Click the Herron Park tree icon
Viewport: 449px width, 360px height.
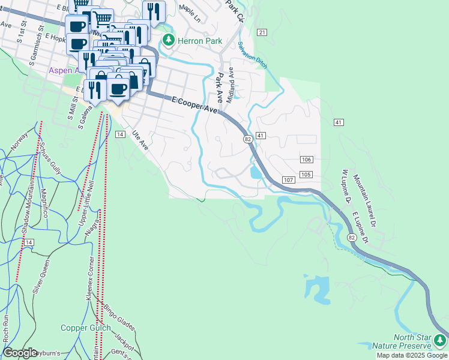pyautogui.click(x=169, y=41)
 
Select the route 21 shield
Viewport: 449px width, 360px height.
pyautogui.click(x=261, y=32)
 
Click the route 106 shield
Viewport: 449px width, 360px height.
pyautogui.click(x=306, y=158)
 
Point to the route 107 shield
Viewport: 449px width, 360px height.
pyautogui.click(x=288, y=180)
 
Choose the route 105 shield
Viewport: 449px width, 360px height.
pyautogui.click(x=306, y=174)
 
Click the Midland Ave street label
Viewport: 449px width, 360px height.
pyautogui.click(x=229, y=83)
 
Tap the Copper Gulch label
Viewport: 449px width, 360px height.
pyautogui.click(x=85, y=328)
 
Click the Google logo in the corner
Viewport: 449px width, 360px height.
pyautogui.click(x=20, y=352)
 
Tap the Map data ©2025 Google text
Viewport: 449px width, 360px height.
pyautogui.click(x=412, y=355)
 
